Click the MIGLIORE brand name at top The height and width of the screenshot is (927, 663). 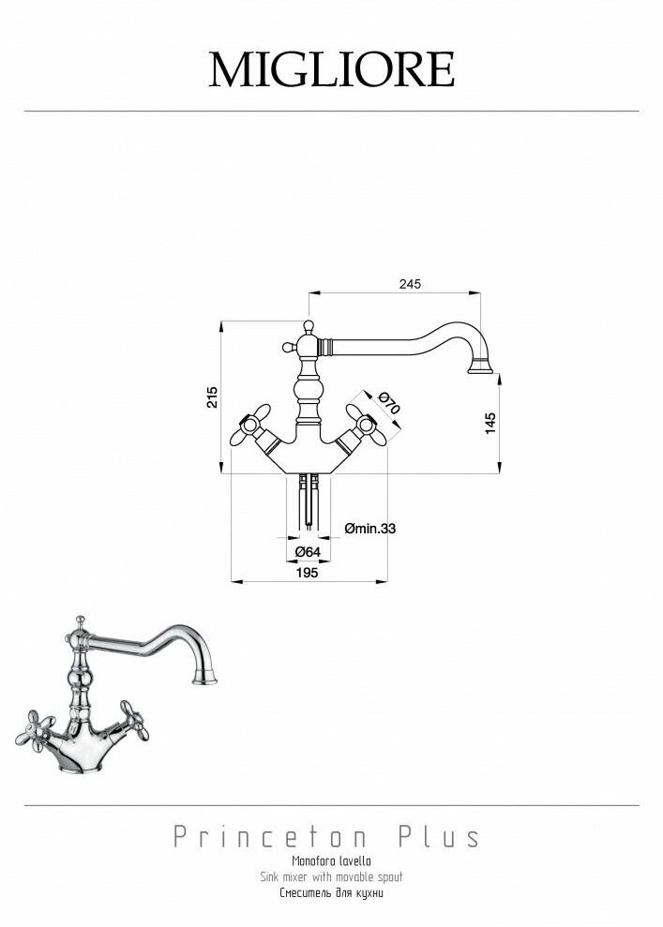(x=331, y=68)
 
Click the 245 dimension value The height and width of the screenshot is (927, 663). (x=410, y=283)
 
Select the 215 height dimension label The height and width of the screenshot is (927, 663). (x=213, y=397)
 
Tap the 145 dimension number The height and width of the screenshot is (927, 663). (x=490, y=422)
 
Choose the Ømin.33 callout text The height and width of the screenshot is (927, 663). (x=369, y=529)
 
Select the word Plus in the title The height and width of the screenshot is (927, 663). (x=439, y=836)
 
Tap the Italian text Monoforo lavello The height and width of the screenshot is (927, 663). (x=331, y=860)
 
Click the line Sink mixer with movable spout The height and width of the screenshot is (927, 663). (x=331, y=876)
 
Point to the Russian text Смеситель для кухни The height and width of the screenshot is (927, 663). (x=331, y=893)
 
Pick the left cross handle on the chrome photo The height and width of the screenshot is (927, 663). (x=39, y=725)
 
